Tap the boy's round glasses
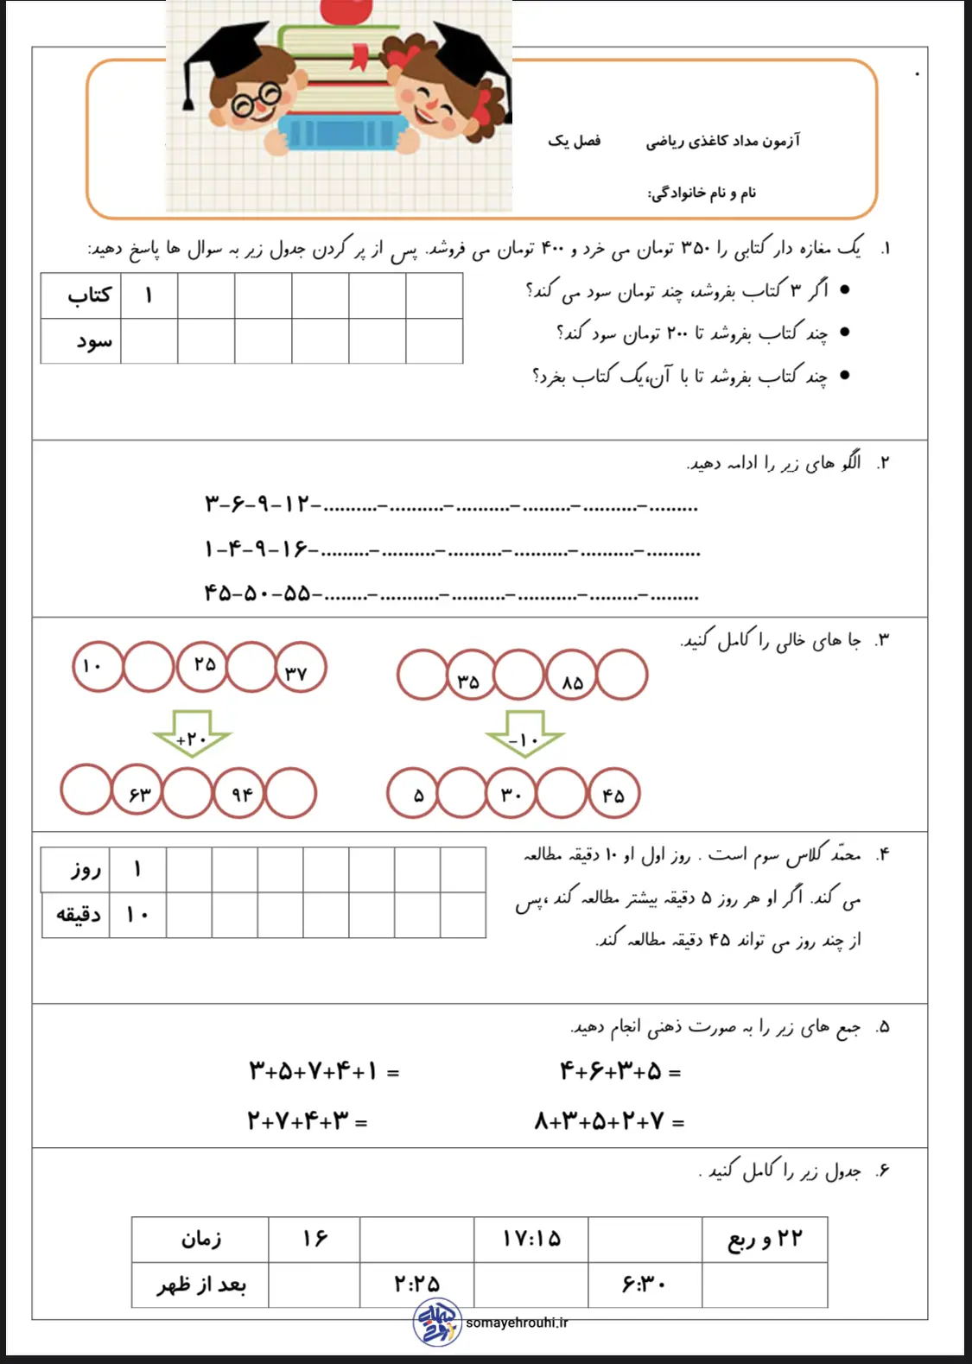(x=255, y=101)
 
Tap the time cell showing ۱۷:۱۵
(x=530, y=1240)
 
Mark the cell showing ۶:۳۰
(x=645, y=1285)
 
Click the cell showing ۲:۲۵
(x=416, y=1285)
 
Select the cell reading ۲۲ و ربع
(x=765, y=1240)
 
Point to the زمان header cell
(x=200, y=1240)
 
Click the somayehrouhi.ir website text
(x=517, y=1323)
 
